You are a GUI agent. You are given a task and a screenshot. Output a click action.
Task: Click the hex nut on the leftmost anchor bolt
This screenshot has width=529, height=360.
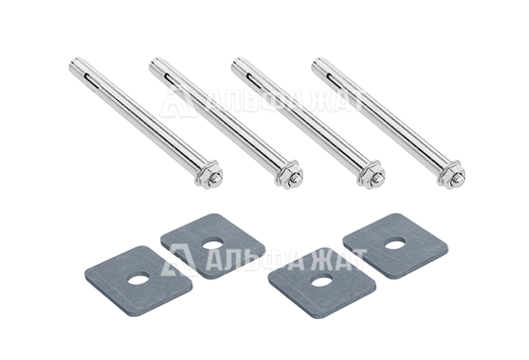(x=206, y=173)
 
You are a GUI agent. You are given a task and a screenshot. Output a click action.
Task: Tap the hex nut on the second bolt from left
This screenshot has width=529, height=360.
(x=287, y=173)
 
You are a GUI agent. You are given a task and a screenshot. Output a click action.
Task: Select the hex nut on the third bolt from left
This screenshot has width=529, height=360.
(x=370, y=173)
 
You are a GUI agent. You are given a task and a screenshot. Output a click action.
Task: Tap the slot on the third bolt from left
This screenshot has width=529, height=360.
(x=251, y=79)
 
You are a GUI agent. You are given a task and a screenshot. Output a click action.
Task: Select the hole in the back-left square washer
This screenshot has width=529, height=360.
(x=212, y=245)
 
